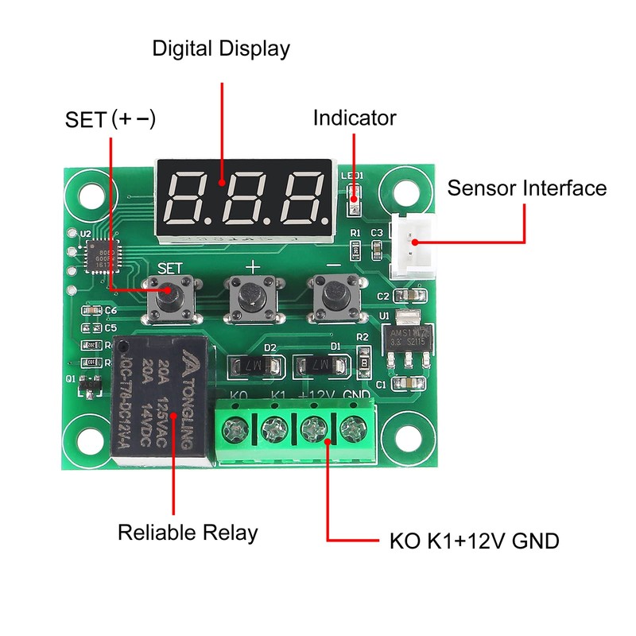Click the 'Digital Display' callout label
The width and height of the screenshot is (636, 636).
pos(221,48)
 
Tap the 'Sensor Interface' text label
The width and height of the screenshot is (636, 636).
pos(526,188)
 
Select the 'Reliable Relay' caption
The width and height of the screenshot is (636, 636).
pos(188,532)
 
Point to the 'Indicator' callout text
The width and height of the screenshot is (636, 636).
pos(354,118)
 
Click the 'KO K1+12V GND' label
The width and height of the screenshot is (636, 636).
pos(474,542)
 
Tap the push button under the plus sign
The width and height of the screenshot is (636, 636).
pos(252,299)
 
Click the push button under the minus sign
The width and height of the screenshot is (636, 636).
pos(334,299)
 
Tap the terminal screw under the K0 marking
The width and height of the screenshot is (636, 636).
pos(236,432)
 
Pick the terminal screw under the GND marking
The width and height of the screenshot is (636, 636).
pos(352,432)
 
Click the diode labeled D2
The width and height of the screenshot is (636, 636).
pos(255,366)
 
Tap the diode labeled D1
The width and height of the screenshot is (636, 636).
pos(320,366)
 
